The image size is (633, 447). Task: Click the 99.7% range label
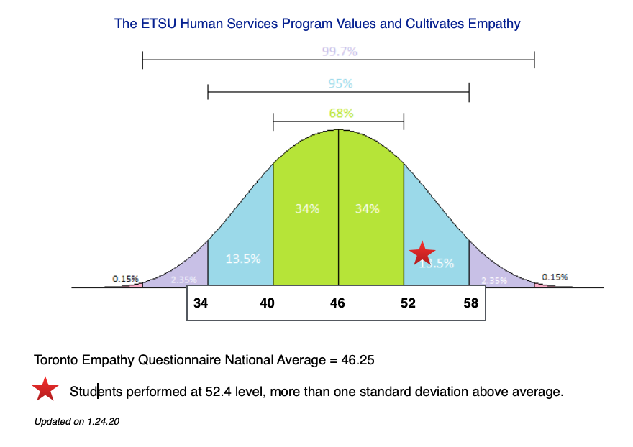point(340,51)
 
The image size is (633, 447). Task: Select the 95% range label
point(340,83)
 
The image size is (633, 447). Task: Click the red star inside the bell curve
point(422,253)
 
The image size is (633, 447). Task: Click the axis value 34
point(201,303)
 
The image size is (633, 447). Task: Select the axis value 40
point(267,303)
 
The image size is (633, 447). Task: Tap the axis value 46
point(337,303)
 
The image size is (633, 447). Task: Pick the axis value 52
point(408,303)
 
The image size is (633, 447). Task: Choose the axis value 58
point(471,303)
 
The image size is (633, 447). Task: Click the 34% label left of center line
point(308,209)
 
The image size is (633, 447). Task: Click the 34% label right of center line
point(368,209)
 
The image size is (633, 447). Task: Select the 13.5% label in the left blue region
point(243,259)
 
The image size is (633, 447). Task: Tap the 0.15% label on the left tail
point(125,278)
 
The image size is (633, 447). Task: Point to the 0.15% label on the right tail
point(555,277)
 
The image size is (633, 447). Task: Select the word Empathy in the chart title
point(493,24)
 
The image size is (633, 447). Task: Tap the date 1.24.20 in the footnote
point(103,422)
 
